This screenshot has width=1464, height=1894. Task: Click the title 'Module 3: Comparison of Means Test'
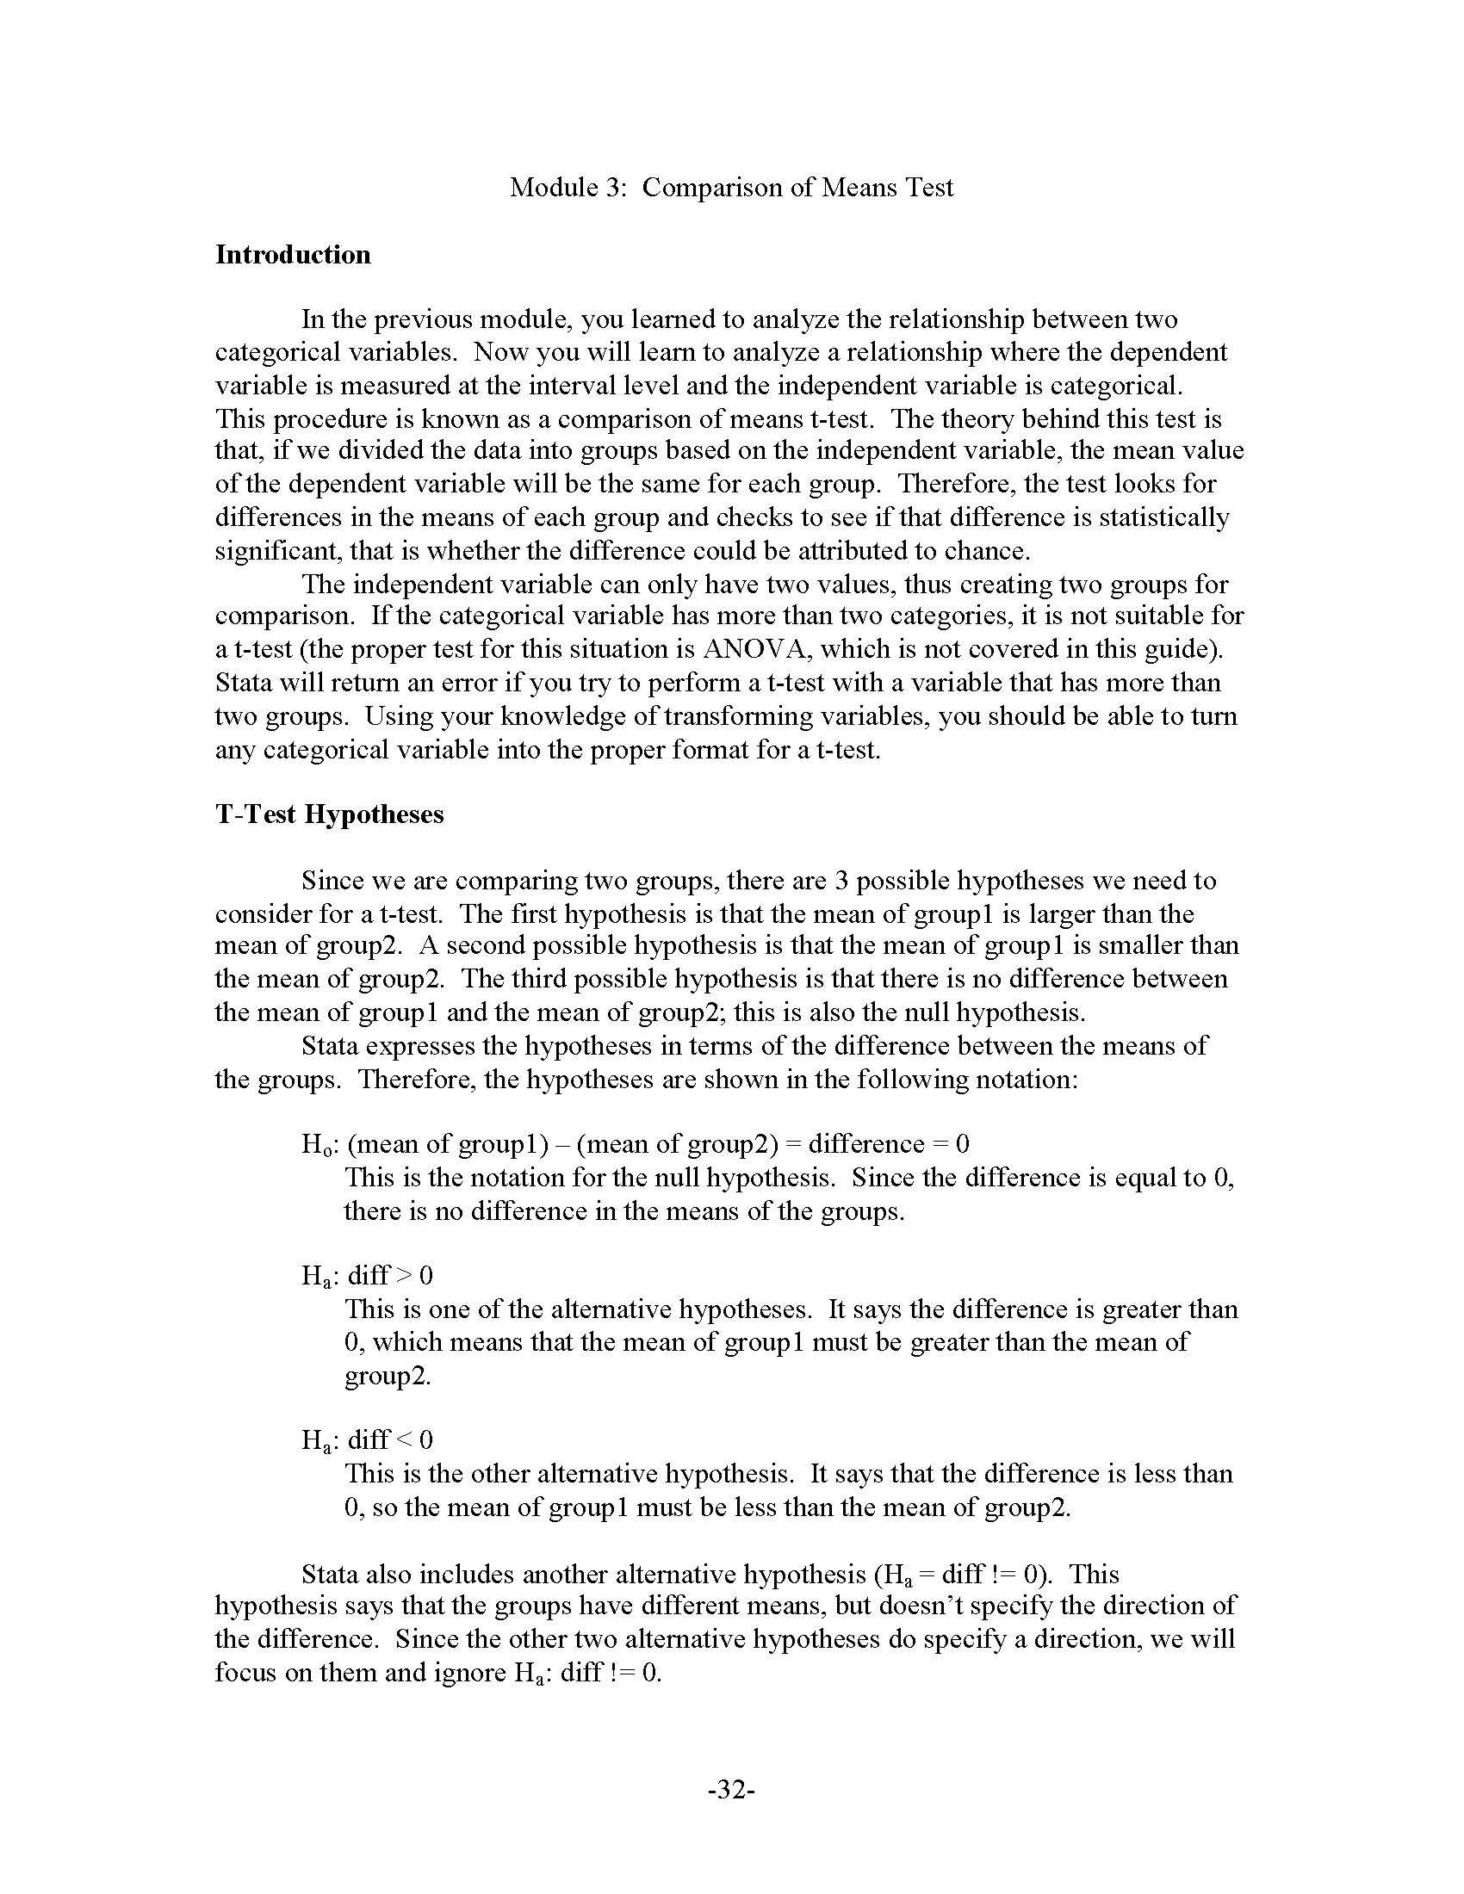click(x=731, y=188)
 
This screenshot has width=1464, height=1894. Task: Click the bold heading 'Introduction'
click(x=292, y=254)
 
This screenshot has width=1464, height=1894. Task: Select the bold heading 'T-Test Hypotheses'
click(x=329, y=814)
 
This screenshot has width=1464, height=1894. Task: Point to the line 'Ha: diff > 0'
click(x=367, y=1275)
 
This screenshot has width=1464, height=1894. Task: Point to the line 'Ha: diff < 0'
click(x=367, y=1439)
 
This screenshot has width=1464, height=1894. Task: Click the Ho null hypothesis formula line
click(x=635, y=1144)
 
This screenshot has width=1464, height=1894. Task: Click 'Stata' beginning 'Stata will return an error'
click(x=244, y=683)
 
